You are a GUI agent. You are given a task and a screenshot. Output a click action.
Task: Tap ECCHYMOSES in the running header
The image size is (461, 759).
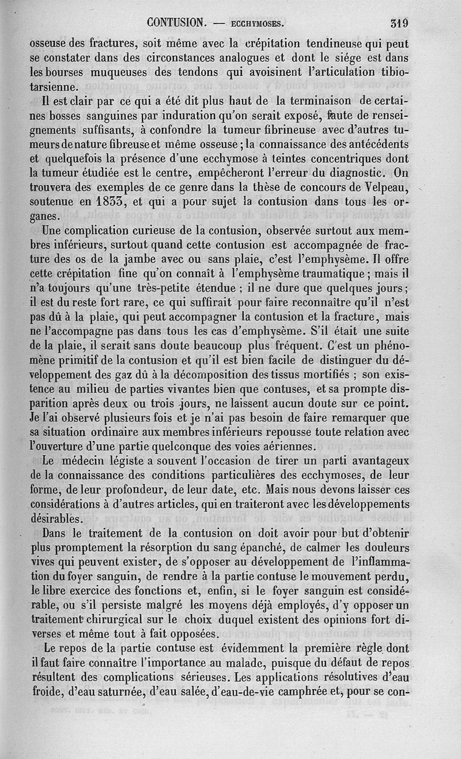point(256,24)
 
